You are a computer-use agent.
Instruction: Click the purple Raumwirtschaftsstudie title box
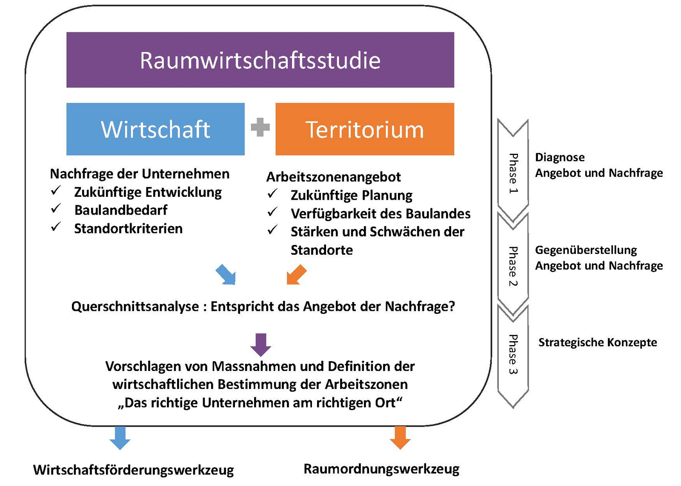point(260,60)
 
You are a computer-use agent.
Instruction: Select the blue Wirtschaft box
point(155,129)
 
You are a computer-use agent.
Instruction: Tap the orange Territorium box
point(365,129)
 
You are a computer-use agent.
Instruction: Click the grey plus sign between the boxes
point(260,127)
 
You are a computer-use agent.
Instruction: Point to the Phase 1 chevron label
point(513,173)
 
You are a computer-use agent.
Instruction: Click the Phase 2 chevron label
point(513,266)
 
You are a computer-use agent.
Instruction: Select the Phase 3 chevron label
point(513,354)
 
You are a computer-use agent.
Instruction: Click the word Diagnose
point(560,157)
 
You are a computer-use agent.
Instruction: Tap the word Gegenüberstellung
point(586,250)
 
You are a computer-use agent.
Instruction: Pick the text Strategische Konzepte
point(598,342)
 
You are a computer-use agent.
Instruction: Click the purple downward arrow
point(261,345)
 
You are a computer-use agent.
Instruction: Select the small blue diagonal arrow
point(226,275)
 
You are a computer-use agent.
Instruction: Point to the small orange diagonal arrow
point(296,275)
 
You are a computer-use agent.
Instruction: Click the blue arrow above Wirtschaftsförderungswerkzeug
point(120,437)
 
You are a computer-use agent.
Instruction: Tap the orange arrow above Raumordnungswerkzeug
point(400,437)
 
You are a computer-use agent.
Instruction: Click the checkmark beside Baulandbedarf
point(56,208)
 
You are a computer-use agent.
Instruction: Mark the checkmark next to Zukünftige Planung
point(272,193)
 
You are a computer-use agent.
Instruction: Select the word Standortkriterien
point(128,229)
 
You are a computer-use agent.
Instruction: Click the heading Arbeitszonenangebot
point(334,177)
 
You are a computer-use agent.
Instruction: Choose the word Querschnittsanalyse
point(135,306)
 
